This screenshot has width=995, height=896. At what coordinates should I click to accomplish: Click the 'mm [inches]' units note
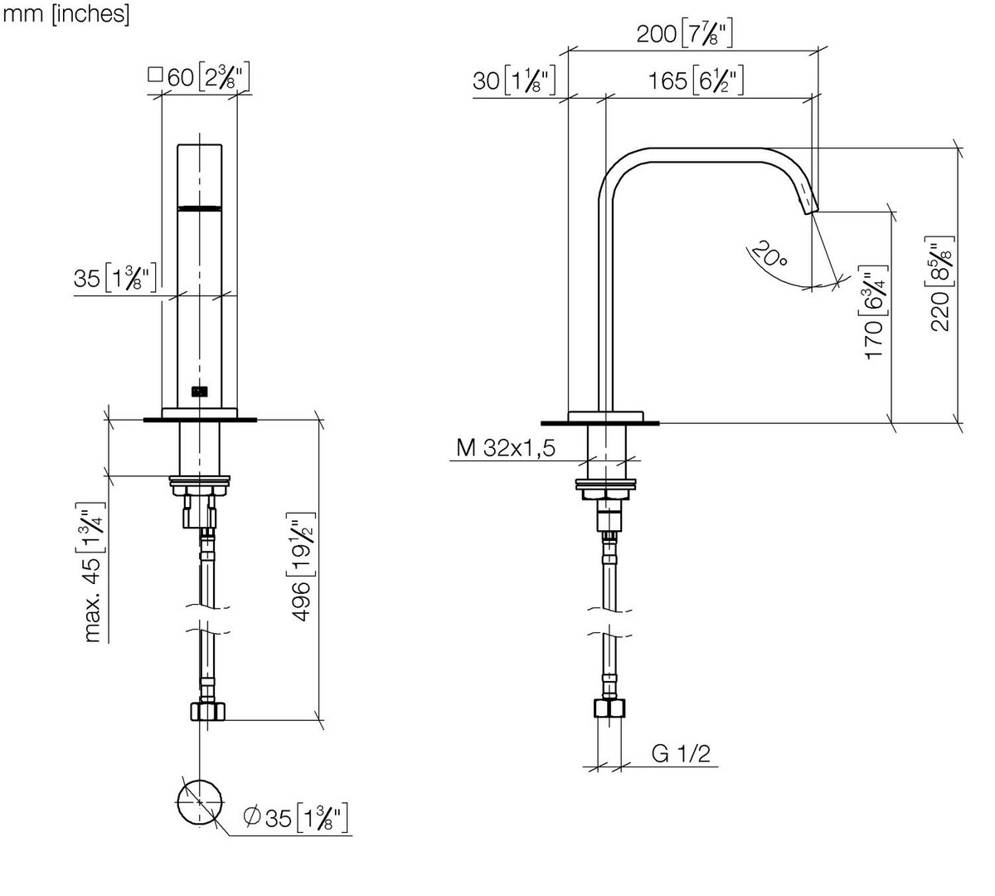[x=66, y=13]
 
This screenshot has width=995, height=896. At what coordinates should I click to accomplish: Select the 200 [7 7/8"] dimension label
[x=685, y=33]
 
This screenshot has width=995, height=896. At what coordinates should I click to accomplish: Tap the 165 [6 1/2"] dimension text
[x=696, y=80]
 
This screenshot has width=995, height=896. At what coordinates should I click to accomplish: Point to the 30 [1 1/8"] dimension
[x=514, y=80]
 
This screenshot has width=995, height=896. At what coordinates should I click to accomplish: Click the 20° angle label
[x=769, y=254]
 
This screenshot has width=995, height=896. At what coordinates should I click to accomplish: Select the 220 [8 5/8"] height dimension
[x=939, y=284]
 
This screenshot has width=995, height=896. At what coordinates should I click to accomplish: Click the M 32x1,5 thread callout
[x=506, y=448]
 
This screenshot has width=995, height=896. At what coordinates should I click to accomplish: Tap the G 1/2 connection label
[x=681, y=753]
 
